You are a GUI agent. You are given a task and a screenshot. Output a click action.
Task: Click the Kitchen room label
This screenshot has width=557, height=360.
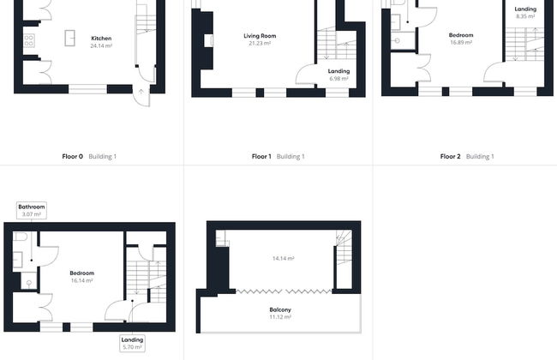pos(101,39)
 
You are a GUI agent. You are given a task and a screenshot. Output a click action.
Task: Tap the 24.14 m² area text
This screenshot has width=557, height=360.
pos(101,45)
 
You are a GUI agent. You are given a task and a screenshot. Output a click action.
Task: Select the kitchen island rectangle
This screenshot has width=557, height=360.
pos(69,38)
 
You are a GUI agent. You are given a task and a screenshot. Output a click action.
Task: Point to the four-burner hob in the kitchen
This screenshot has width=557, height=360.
pos(28,39)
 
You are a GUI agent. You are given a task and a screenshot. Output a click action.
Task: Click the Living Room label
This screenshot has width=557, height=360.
pos(260,36)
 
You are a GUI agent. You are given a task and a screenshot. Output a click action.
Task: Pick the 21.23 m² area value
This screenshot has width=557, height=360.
pos(260,43)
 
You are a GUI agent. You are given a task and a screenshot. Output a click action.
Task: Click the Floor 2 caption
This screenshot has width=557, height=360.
pos(450,157)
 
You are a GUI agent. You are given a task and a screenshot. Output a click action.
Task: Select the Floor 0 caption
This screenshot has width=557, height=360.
pos(73,157)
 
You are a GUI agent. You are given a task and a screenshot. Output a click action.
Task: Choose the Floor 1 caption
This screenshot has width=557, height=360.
pos(261,157)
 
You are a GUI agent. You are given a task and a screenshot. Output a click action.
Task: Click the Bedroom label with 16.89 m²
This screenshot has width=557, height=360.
pos(461,35)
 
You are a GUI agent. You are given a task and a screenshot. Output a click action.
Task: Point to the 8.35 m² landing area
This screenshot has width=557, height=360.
pos(525,16)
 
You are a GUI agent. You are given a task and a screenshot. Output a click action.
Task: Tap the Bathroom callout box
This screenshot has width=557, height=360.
pos(31,208)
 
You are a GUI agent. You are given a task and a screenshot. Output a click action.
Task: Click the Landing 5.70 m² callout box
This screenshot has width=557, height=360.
pos(133,343)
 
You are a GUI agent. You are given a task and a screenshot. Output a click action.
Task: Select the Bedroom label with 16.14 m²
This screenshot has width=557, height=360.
pos(81,273)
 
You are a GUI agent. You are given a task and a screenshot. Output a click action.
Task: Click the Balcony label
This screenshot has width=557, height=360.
pos(280,309)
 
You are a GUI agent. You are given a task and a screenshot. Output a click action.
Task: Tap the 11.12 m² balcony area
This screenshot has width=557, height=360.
pos(280,317)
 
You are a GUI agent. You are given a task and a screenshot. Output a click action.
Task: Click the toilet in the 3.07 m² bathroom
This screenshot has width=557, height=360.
pos(21,236)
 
